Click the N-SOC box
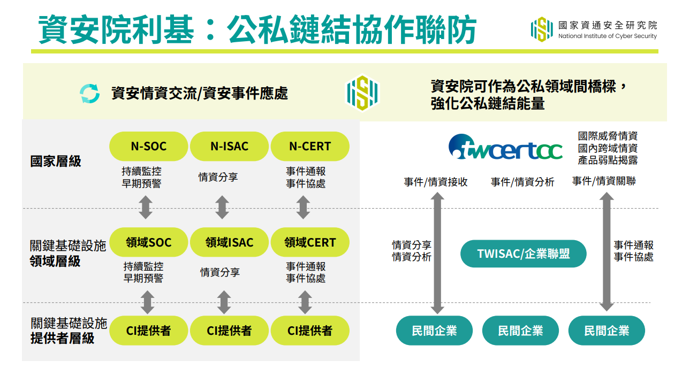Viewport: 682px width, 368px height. (x=149, y=146)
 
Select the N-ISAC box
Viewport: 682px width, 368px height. (x=229, y=146)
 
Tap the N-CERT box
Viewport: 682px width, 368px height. (x=310, y=146)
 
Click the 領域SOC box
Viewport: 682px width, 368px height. (x=149, y=242)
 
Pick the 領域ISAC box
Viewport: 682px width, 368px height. (x=229, y=242)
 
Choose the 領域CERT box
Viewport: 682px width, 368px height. (x=310, y=242)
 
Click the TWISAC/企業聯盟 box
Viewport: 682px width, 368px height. (x=524, y=254)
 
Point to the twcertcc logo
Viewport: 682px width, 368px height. (x=505, y=147)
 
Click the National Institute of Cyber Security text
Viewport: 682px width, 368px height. (x=608, y=36)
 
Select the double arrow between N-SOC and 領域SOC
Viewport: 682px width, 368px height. (x=146, y=207)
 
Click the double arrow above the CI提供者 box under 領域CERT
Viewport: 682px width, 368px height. (x=305, y=302)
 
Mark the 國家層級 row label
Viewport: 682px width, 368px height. (x=56, y=161)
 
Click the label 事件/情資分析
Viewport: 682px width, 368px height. (x=522, y=182)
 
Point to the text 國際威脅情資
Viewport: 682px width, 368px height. (x=608, y=136)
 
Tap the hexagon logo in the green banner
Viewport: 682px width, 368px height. (x=362, y=93)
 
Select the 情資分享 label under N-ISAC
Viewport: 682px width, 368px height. (x=218, y=177)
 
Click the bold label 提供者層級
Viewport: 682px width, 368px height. (x=63, y=338)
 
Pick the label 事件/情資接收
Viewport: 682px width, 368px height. (x=436, y=182)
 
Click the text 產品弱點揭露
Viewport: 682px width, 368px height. (x=608, y=160)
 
